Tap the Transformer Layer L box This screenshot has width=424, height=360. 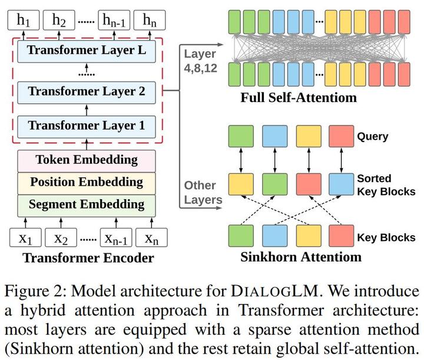[87, 51]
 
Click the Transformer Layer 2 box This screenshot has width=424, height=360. [87, 91]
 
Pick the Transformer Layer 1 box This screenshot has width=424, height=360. [87, 125]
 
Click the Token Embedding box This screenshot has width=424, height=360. [87, 160]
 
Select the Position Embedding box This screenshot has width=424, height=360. [87, 182]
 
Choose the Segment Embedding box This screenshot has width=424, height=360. [87, 204]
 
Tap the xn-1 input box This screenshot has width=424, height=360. [115, 238]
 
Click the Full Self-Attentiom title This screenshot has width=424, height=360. [299, 97]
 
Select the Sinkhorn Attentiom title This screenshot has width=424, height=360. [301, 257]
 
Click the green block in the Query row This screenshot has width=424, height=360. [240, 136]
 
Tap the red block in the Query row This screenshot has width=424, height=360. [341, 136]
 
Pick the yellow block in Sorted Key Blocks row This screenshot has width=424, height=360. [240, 184]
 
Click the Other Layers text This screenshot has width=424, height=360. [200, 193]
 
